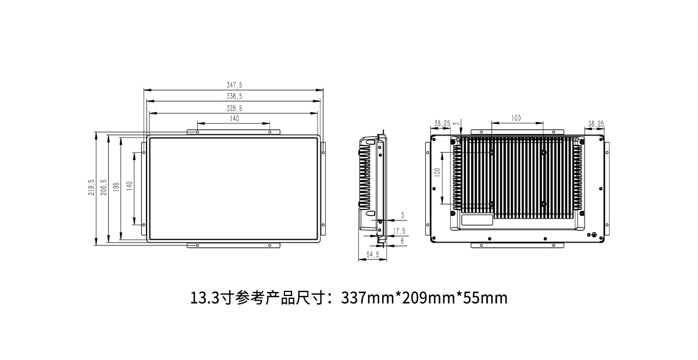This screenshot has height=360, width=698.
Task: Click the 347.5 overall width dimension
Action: pos(234,85)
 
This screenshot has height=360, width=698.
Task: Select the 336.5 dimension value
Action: pos(234,97)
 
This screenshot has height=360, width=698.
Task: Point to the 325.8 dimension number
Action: pos(234,108)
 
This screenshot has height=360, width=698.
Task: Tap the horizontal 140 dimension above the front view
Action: pos(234,119)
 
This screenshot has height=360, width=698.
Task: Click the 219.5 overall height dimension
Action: pos(91,187)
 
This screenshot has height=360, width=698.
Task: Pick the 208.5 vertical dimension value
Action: pos(104,187)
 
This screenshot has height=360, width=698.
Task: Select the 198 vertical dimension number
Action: pos(116,187)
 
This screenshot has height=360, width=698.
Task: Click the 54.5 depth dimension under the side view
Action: pos(373,255)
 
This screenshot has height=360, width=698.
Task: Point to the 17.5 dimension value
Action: pos(399,231)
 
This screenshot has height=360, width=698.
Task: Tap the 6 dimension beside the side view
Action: pos(402,240)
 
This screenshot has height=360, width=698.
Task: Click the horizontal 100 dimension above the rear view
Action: pos(516,119)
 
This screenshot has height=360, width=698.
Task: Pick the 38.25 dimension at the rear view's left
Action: pos(442,123)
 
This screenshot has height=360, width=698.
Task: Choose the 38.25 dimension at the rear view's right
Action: pos(596,123)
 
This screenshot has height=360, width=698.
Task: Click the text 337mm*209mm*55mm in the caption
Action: pos(424,298)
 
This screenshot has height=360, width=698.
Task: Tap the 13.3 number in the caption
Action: pos(204,298)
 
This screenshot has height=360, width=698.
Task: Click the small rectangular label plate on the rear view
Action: pos(477,220)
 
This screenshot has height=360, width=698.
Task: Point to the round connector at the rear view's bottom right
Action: pos(593,236)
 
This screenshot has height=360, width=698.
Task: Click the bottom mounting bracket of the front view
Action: pos(234,246)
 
